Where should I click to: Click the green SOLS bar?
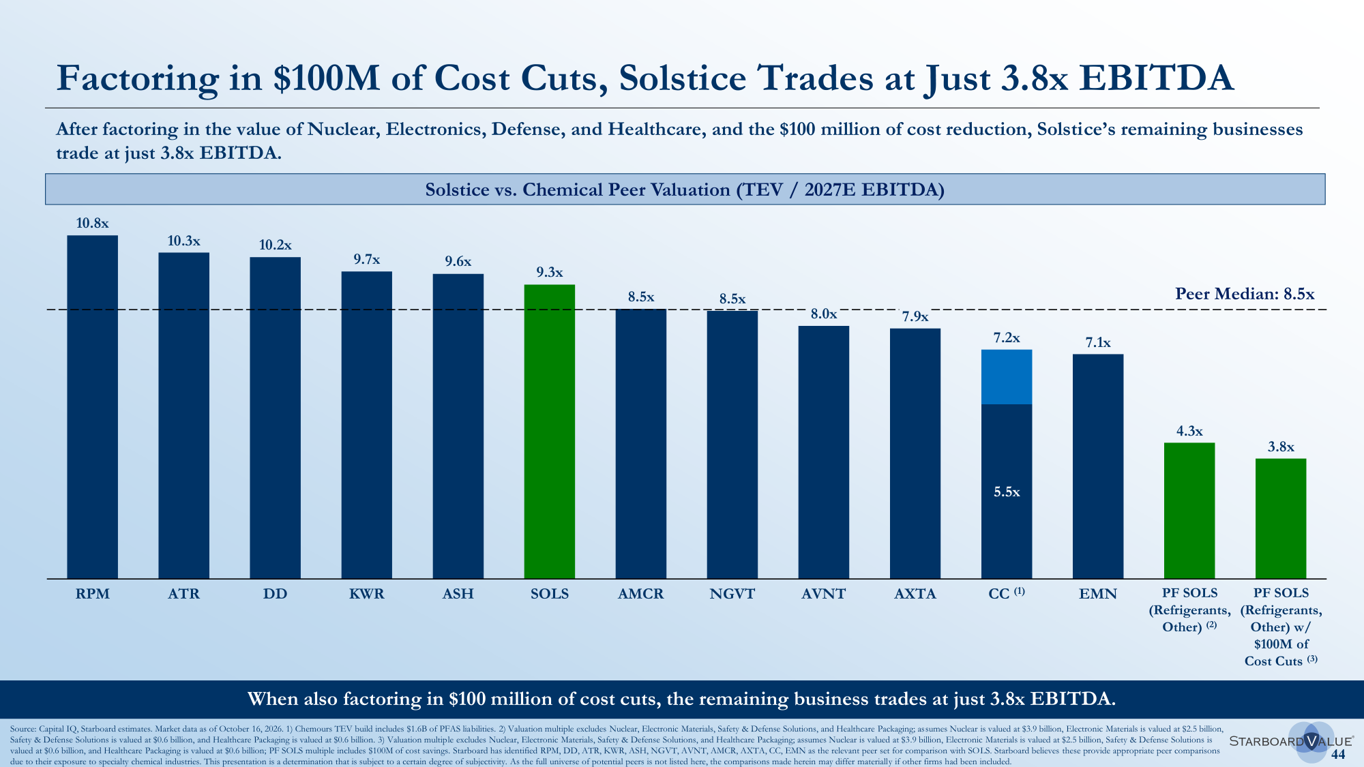pyautogui.click(x=549, y=432)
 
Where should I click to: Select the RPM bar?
pyautogui.click(x=92, y=407)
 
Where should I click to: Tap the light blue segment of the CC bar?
pyautogui.click(x=1006, y=377)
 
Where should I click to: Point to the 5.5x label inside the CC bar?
pyautogui.click(x=1006, y=492)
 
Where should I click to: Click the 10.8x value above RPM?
pyautogui.click(x=92, y=223)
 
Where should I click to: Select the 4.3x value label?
pyautogui.click(x=1189, y=431)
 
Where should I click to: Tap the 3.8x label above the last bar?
pyautogui.click(x=1281, y=447)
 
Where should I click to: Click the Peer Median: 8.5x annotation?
pyautogui.click(x=1245, y=294)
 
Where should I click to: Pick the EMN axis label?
pyautogui.click(x=1098, y=594)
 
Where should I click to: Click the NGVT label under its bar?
pyautogui.click(x=732, y=594)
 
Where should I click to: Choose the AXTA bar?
pyautogui.click(x=915, y=453)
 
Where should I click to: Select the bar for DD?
pyautogui.click(x=275, y=418)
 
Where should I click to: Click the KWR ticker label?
pyautogui.click(x=366, y=594)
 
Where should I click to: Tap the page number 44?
pyautogui.click(x=1338, y=754)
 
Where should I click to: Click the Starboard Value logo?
pyautogui.click(x=1291, y=741)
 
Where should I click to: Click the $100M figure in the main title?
pyautogui.click(x=326, y=78)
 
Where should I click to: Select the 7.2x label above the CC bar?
pyautogui.click(x=1006, y=337)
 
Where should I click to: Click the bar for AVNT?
pyautogui.click(x=823, y=452)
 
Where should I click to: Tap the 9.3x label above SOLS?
pyautogui.click(x=549, y=273)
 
